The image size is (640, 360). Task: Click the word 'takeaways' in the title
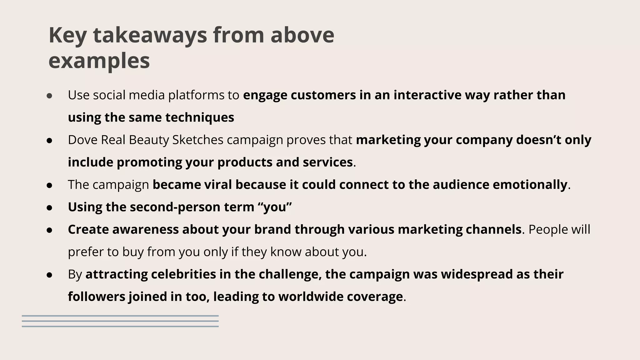tap(150, 35)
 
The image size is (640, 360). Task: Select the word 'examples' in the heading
tap(99, 61)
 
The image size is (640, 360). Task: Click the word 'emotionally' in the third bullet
tap(530, 185)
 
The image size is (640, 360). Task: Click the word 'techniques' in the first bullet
tap(199, 117)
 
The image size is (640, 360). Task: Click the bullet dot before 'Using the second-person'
tap(49, 207)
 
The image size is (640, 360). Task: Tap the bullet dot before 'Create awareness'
tap(49, 230)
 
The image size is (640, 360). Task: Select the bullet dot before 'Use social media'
tap(49, 96)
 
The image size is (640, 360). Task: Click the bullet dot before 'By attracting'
tap(49, 275)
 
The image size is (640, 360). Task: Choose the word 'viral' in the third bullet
tap(218, 185)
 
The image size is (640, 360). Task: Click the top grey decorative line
tap(120, 316)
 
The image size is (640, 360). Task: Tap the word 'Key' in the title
tap(67, 35)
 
